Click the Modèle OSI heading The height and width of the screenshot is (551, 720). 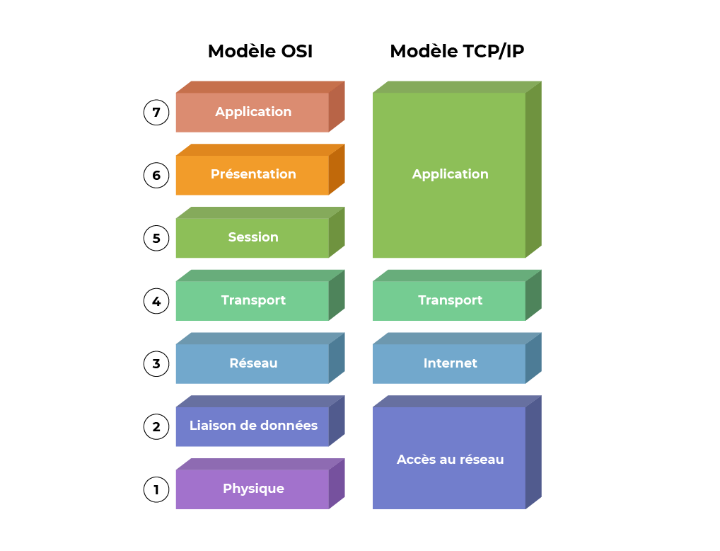[260, 52]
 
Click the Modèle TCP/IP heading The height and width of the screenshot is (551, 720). [457, 52]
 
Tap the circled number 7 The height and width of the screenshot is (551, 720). [156, 112]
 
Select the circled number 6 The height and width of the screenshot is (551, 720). [156, 175]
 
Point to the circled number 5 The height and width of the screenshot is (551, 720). [156, 238]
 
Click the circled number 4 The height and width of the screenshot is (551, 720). [156, 301]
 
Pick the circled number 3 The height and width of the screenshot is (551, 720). [156, 364]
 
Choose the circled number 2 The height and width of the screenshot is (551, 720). [156, 427]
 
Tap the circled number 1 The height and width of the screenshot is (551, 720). [156, 489]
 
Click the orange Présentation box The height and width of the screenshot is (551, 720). [252, 174]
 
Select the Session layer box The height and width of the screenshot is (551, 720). [252, 237]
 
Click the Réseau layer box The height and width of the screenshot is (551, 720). [252, 363]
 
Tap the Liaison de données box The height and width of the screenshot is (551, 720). [252, 426]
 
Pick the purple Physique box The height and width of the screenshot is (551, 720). [252, 489]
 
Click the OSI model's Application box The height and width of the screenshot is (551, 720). [252, 112]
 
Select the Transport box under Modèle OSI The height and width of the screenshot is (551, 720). [252, 300]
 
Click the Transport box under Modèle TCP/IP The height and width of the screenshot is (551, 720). [450, 300]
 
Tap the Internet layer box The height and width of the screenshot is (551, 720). [450, 363]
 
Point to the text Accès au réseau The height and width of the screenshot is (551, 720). [450, 460]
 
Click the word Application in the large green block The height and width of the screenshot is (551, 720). [450, 174]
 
